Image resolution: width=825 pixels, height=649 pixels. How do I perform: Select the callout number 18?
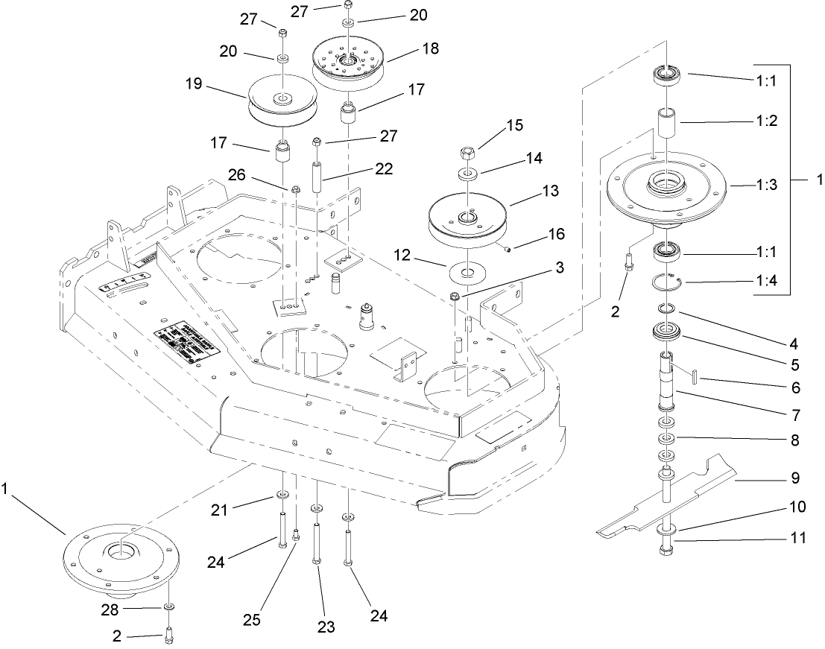431,48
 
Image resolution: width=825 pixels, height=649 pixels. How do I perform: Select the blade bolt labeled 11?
666,549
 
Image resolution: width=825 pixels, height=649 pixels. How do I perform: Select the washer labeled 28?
169,609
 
